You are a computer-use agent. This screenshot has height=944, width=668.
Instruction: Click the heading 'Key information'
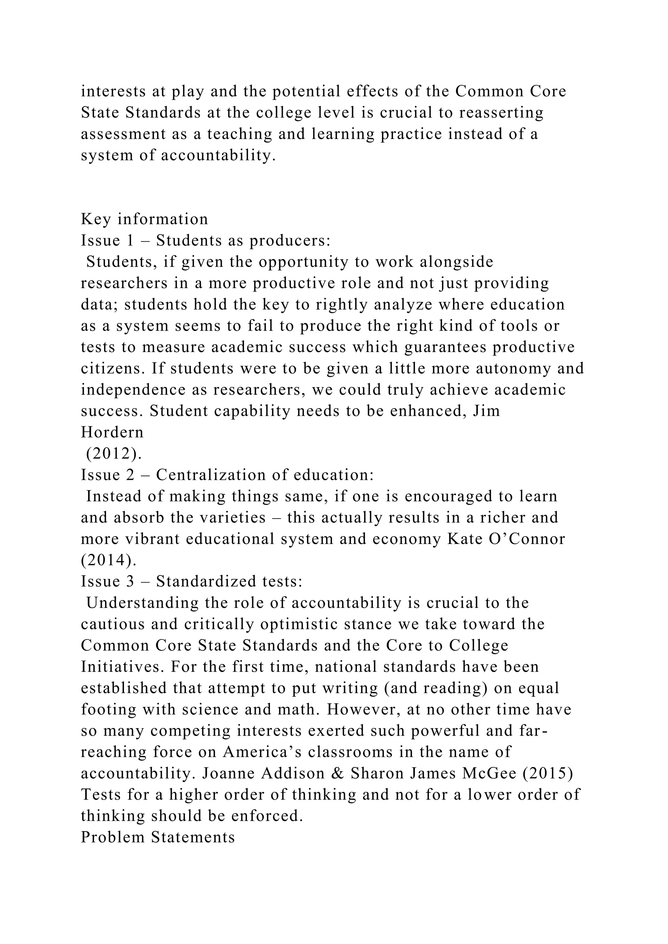(x=144, y=219)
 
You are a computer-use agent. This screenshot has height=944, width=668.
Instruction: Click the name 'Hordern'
(x=112, y=432)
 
